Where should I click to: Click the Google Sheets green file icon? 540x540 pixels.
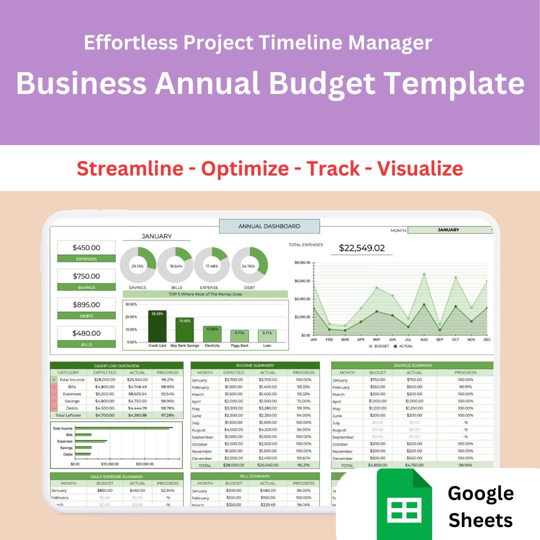pos(404,505)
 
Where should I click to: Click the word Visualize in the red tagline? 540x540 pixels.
pos(420,168)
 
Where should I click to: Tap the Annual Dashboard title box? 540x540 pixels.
pos(269,226)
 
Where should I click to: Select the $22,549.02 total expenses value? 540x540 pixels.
pos(361,247)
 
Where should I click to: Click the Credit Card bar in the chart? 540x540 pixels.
pos(157,326)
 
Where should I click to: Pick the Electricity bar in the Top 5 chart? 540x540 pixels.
pos(212,333)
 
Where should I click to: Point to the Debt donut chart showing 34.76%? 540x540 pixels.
pos(249,265)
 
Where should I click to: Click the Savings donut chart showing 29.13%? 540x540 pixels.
pos(137,265)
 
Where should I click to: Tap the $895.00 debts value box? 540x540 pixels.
pos(86,304)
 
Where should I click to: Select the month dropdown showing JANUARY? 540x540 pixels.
pos(450,230)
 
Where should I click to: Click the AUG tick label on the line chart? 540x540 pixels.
pos(424,339)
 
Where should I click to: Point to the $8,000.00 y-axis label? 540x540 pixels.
pos(302,262)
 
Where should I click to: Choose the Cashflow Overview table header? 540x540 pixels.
pos(116,365)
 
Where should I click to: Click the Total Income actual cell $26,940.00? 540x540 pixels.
pos(137,379)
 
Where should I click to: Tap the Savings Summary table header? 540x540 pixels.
pos(412,365)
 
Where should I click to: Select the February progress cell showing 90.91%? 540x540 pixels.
pos(464,387)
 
